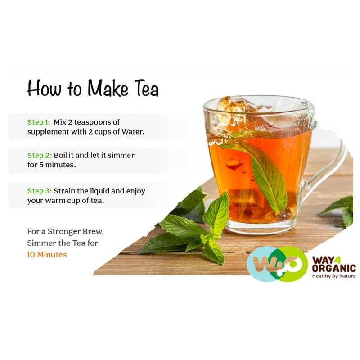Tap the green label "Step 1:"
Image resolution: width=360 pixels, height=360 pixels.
pos(39,122)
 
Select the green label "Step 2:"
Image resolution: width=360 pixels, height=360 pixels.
pos(39,155)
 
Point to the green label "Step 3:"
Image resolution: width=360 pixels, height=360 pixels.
pos(39,191)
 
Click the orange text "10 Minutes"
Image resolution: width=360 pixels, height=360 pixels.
pos(47,255)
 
